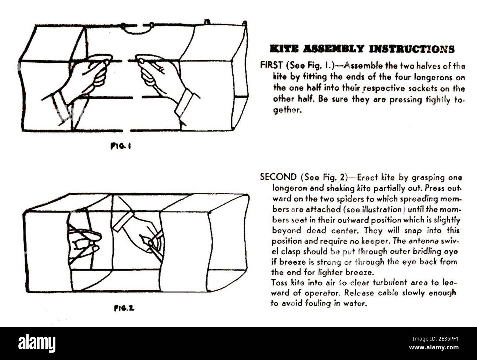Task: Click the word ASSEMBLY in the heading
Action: (x=334, y=49)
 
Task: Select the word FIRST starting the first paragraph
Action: (x=272, y=65)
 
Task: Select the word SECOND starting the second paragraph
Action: (x=278, y=177)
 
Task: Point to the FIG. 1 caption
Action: (x=121, y=146)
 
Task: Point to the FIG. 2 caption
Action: (x=124, y=308)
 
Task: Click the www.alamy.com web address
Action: (x=434, y=348)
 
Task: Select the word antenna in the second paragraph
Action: (x=423, y=241)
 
